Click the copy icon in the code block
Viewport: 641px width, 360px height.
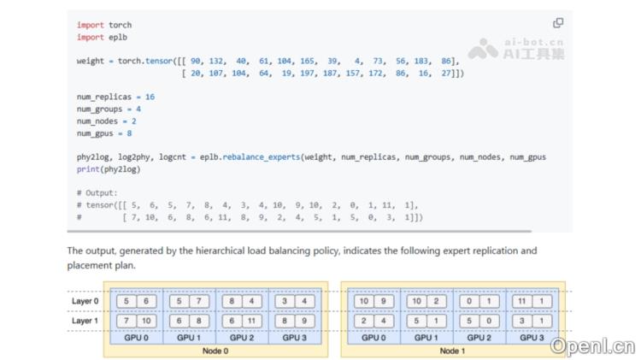pyautogui.click(x=558, y=23)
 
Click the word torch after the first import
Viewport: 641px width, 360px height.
pyautogui.click(x=121, y=25)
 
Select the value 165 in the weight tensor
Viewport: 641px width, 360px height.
pyautogui.click(x=307, y=61)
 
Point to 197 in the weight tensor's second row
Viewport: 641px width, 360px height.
pyautogui.click(x=307, y=74)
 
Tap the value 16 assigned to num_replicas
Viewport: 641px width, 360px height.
pyautogui.click(x=150, y=97)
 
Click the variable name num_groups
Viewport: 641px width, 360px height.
pyautogui.click(x=99, y=109)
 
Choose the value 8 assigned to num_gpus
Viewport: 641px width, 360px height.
pyautogui.click(x=129, y=133)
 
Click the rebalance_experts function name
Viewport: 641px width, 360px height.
pyautogui.click(x=262, y=157)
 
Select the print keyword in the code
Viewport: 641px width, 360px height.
pyautogui.click(x=88, y=169)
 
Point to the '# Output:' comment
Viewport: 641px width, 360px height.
pyautogui.click(x=97, y=193)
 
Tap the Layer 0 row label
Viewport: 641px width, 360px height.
pyautogui.click(x=85, y=301)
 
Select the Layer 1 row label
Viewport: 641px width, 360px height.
pyautogui.click(x=85, y=321)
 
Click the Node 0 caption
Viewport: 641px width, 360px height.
pyautogui.click(x=215, y=351)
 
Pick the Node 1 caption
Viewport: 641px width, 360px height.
pyautogui.click(x=452, y=351)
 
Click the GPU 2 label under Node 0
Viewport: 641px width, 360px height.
pyautogui.click(x=242, y=338)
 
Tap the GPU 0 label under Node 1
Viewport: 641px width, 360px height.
pyautogui.click(x=373, y=338)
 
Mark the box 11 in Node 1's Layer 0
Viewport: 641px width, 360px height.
pyautogui.click(x=522, y=302)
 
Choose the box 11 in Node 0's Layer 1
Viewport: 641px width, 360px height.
pyautogui.click(x=251, y=322)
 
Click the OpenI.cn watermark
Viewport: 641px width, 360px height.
pyautogui.click(x=593, y=347)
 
